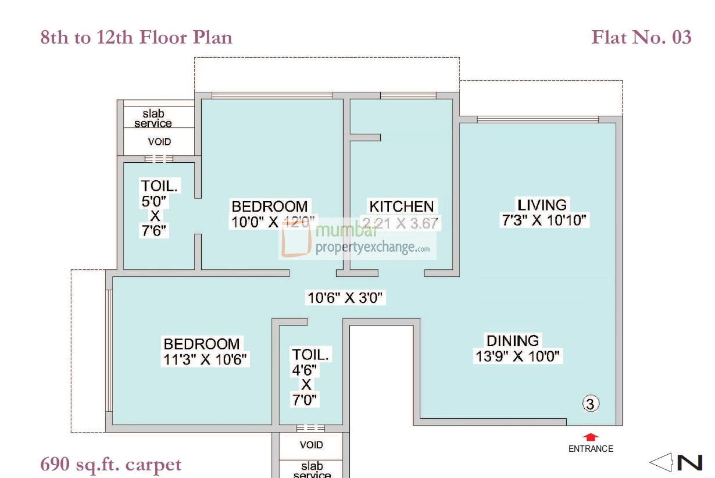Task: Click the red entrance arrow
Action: pos(591,437)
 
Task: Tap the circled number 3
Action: pos(591,404)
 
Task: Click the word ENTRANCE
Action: pos(591,448)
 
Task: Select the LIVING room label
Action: pos(542,205)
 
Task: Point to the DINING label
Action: pos(512,341)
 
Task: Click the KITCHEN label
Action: pos(401,206)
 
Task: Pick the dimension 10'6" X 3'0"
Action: pos(345,298)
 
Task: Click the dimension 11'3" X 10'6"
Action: pos(206,359)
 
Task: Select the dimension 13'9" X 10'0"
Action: pos(519,356)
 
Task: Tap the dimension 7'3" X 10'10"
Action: pos(545,220)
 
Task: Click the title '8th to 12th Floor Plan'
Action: pos(137,37)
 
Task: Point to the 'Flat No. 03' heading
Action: pos(641,37)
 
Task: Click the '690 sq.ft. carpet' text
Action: pos(111,465)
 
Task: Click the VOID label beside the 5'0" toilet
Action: pos(159,141)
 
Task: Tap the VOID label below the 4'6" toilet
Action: pos(312,445)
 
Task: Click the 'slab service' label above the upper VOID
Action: pos(153,119)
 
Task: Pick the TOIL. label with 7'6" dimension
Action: pos(159,186)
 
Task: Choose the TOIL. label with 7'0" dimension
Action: pos(310,355)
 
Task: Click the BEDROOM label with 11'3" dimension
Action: pos(201,344)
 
